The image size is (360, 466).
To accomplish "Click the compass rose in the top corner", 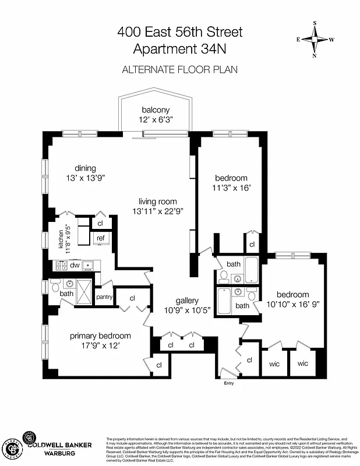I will pyautogui.click(x=315, y=40).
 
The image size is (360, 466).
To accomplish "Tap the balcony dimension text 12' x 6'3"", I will pyautogui.click(x=156, y=120).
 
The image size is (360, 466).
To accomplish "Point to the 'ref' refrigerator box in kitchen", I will pyautogui.click(x=100, y=238).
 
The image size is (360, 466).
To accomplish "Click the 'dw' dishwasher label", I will pyautogui.click(x=75, y=265).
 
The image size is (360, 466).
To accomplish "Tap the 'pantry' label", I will pyautogui.click(x=104, y=296).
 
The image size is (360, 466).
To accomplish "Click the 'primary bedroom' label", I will pyautogui.click(x=100, y=336).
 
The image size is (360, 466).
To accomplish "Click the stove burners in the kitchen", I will pyautogui.click(x=61, y=266).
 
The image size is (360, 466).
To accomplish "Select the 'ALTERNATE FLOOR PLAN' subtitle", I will pyautogui.click(x=179, y=69).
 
